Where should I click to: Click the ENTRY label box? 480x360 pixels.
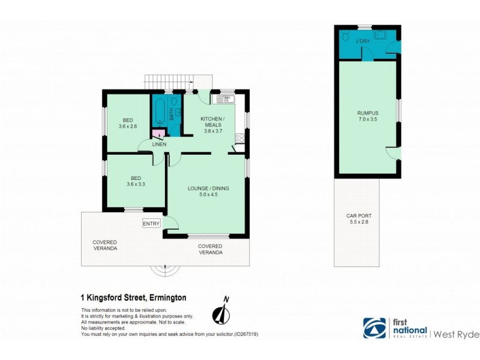click(151, 224)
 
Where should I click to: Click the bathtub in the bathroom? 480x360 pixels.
click(160, 112)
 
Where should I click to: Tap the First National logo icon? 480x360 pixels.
click(375, 328)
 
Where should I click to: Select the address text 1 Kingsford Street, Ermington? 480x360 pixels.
click(133, 297)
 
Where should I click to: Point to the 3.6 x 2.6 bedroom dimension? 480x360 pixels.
click(128, 126)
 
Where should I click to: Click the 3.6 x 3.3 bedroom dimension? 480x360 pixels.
click(128, 185)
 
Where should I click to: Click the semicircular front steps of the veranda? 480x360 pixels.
click(165, 271)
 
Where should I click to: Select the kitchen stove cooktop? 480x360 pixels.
click(239, 138)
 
